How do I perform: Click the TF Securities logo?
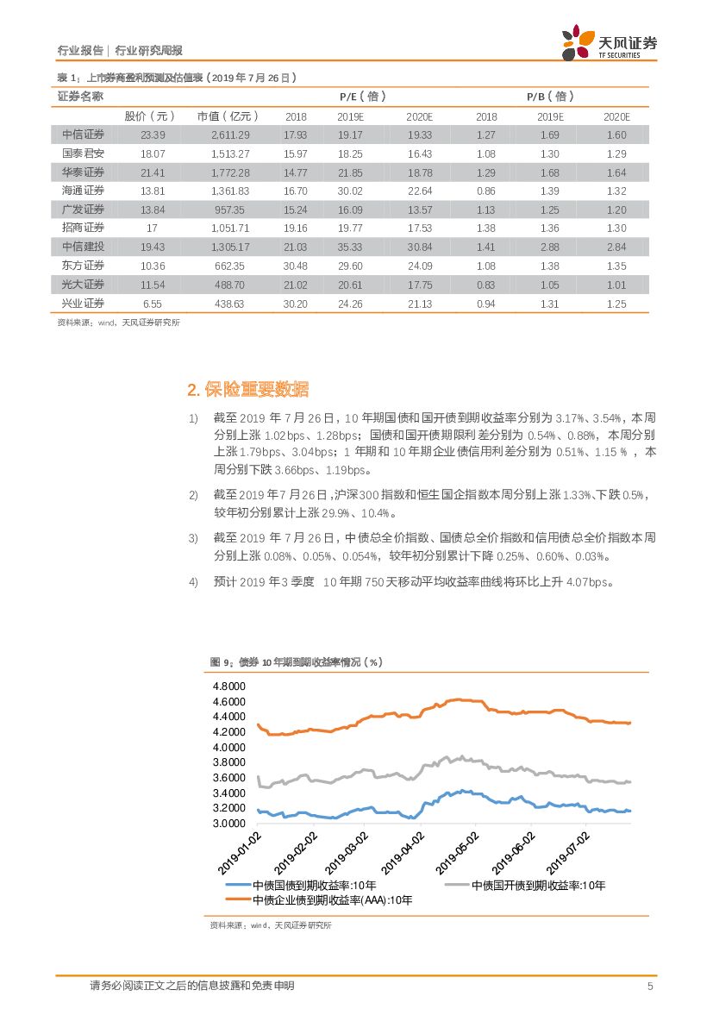click(609, 41)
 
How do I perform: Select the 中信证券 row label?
click(84, 135)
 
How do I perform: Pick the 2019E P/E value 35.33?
click(350, 247)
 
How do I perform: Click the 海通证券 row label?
click(84, 191)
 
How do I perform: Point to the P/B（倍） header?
click(550, 97)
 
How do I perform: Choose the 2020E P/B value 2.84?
click(616, 247)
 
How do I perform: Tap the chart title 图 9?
click(296, 661)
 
